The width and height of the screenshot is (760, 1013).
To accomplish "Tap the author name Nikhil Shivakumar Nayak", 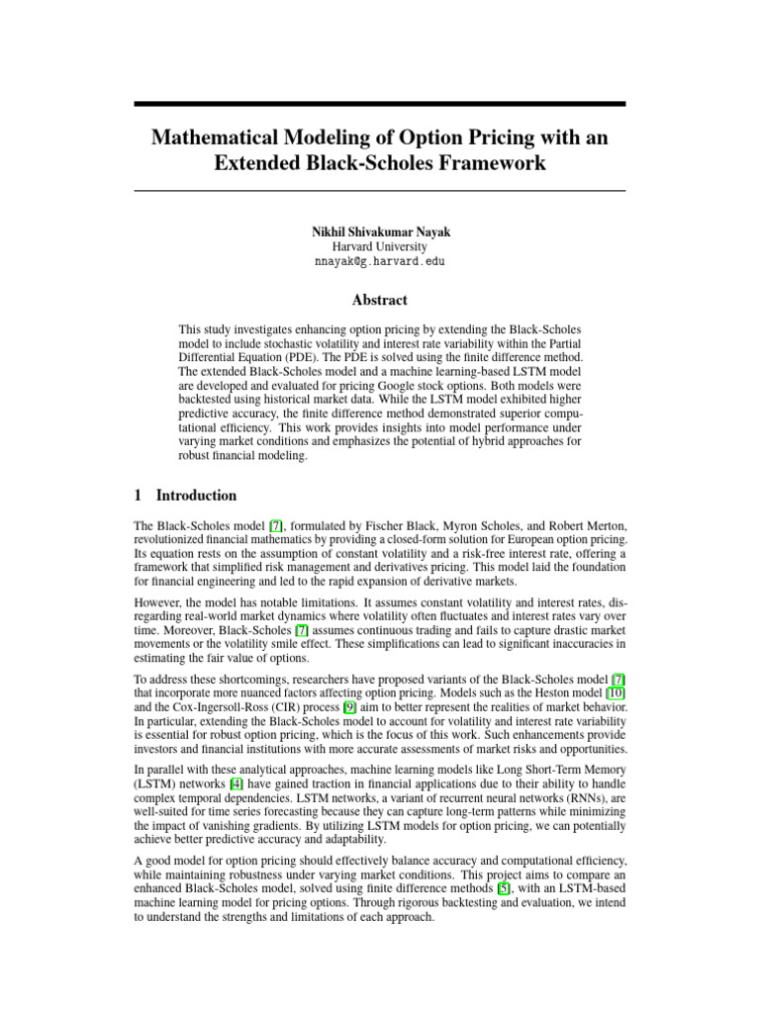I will click(x=380, y=231).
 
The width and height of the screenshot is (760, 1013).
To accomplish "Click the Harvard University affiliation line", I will click(x=380, y=246).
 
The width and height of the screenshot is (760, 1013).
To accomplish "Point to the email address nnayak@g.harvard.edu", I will click(x=380, y=262).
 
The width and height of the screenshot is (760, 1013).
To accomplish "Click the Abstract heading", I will click(x=380, y=301).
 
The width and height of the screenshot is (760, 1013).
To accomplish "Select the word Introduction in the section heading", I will click(x=197, y=496).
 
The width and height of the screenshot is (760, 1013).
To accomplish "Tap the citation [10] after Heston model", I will click(x=617, y=693).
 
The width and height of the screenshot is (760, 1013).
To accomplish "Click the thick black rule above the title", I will click(x=380, y=104).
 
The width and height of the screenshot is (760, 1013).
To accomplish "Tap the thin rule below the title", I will click(x=380, y=190).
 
